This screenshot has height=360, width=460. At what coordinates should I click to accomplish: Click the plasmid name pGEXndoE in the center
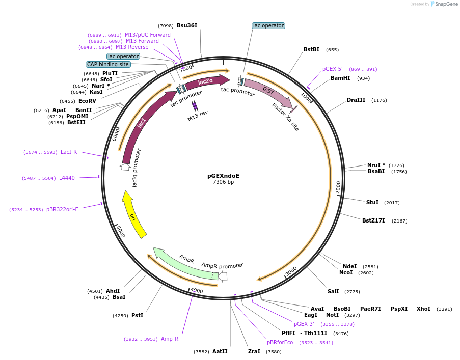coord(223,176)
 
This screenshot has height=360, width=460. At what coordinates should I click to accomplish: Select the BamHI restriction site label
coord(340,78)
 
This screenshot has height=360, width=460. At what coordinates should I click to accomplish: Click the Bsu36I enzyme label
coord(187,25)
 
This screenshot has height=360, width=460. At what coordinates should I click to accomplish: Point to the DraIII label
coord(356,100)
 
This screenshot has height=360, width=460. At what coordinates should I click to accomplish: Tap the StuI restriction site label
coord(372,203)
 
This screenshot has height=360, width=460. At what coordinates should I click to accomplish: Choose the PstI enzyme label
coord(137,316)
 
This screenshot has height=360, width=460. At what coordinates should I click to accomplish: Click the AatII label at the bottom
coord(220,352)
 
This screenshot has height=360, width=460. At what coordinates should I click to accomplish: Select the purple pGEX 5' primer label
coord(333,69)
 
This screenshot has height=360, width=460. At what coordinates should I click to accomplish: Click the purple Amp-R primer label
coord(170,339)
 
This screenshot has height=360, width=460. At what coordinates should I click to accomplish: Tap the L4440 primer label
coord(67,178)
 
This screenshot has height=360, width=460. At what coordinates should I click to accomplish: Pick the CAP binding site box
coord(108,65)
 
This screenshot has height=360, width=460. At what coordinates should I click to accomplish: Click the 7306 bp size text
coord(223,182)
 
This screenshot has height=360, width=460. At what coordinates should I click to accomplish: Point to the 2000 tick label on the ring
coord(338,187)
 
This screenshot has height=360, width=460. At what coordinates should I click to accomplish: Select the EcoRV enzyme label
coord(87,101)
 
